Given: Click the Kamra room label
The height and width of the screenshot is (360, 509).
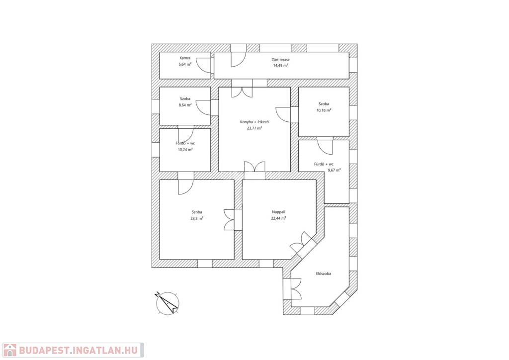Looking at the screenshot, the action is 185,58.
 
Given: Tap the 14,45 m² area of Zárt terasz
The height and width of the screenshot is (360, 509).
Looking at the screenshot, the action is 280,65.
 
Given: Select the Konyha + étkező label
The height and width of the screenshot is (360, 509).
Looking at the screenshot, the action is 254,122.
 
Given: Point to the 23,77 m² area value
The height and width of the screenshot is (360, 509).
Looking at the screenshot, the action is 254,128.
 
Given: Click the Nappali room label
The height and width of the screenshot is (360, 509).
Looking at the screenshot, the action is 278,212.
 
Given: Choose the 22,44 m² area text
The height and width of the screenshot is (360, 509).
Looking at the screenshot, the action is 278,218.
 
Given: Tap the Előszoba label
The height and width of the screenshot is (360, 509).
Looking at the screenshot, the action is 324,273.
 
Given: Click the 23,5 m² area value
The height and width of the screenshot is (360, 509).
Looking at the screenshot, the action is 197,218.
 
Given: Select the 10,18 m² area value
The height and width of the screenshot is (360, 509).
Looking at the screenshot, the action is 324,110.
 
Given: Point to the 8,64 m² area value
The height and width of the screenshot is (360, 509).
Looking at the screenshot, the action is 185,105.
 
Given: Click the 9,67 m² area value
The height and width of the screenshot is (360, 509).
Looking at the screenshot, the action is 334,170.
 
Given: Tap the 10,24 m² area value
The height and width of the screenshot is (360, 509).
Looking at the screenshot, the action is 185,150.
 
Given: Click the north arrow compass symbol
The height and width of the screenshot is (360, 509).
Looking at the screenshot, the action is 168,303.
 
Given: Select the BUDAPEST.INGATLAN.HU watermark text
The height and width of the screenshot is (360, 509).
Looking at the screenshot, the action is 78,350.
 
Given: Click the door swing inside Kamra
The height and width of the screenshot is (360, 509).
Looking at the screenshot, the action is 203,66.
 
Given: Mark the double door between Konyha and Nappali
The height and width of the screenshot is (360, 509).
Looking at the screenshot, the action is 254,166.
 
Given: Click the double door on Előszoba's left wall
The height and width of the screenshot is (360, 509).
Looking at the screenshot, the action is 296,289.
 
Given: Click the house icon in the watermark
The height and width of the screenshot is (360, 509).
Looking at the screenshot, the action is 10,350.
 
